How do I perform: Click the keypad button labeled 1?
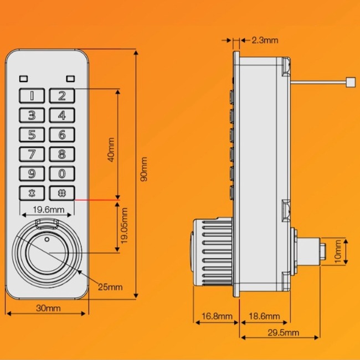33,95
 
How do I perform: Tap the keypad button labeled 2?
62,95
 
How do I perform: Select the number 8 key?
62,154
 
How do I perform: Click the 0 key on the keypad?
62,174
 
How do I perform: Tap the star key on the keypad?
33,193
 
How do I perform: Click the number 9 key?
33,174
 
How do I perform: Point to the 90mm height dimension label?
144,169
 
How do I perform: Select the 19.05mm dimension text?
125,226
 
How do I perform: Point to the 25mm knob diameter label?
110,286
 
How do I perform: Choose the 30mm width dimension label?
48,308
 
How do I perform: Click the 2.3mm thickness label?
264,40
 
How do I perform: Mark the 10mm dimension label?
338,251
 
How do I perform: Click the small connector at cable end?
350,83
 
